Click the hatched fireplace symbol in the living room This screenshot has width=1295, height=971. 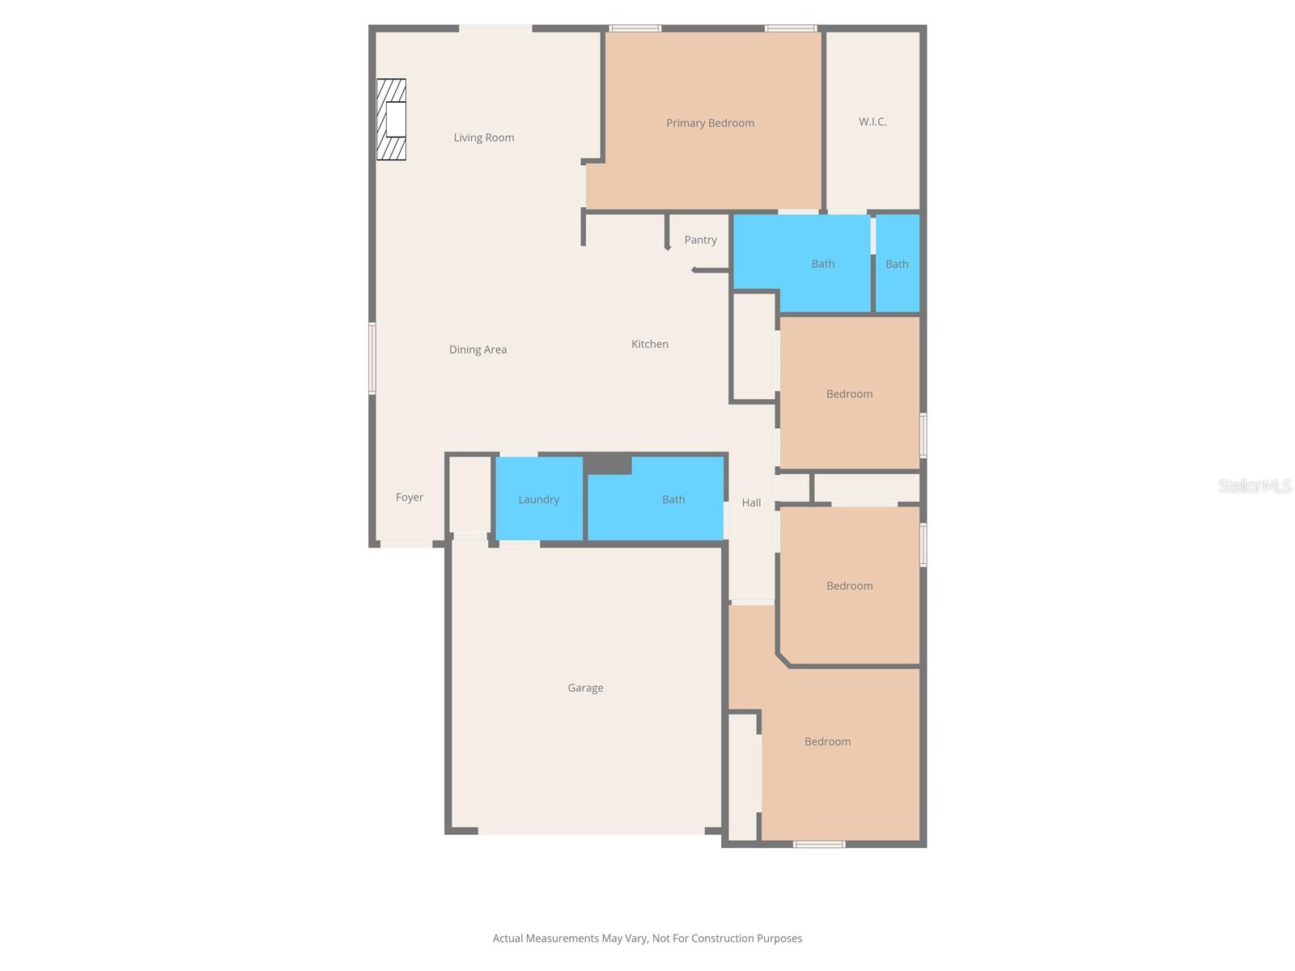[391, 120]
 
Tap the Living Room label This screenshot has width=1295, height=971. [484, 138]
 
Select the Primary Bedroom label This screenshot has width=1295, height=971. [710, 123]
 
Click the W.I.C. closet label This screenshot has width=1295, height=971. [873, 121]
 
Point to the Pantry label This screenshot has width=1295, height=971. [700, 240]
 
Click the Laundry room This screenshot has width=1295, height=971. [538, 499]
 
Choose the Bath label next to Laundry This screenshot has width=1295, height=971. [673, 499]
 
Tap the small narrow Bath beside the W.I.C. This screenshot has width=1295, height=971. [897, 264]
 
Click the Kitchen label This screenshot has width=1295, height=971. [650, 344]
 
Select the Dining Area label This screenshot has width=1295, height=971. [478, 350]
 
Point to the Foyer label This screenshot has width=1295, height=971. [410, 498]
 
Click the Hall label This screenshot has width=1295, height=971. [751, 502]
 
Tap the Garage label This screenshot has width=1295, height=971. [585, 688]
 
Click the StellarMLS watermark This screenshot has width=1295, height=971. [1255, 485]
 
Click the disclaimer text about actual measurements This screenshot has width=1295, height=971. [647, 939]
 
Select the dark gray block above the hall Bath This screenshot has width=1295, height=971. [608, 464]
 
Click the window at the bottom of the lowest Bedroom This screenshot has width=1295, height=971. [819, 844]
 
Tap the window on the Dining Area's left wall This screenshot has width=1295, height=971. [372, 358]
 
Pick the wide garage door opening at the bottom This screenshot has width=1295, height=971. [591, 830]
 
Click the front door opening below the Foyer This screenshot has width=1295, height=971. [406, 544]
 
